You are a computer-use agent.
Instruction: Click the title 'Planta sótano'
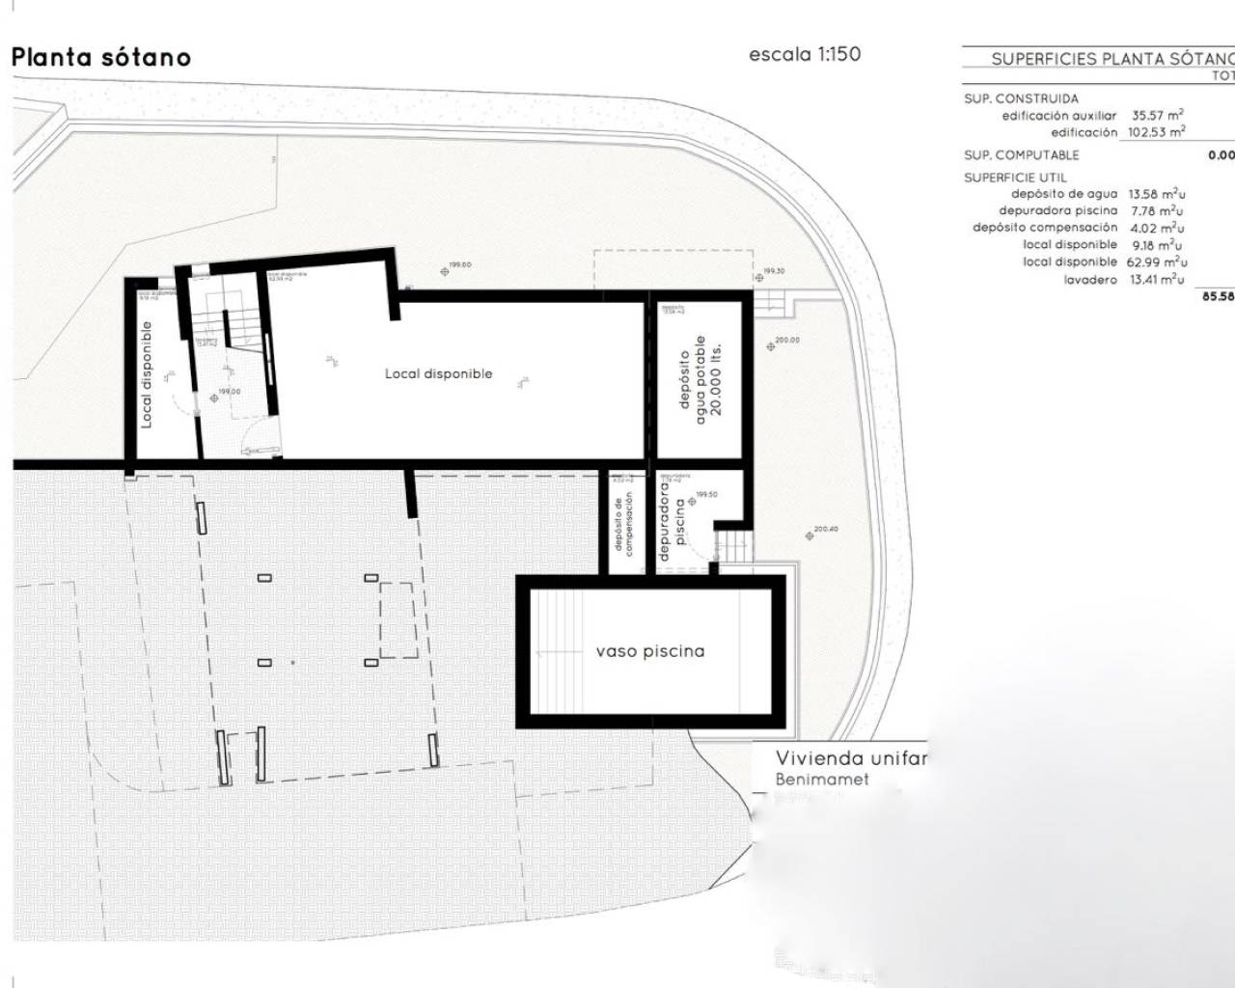click(x=101, y=57)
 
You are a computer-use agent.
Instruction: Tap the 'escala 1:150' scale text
click(x=805, y=55)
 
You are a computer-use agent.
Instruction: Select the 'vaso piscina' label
click(x=649, y=651)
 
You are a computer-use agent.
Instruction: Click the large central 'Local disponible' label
click(x=438, y=373)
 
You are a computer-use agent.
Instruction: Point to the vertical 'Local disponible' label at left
click(x=147, y=374)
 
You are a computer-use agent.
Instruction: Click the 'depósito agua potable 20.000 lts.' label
click(x=701, y=375)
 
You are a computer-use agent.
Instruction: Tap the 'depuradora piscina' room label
click(x=672, y=520)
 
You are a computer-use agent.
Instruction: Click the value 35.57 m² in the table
click(x=1158, y=115)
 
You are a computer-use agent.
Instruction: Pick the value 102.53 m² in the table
click(x=1156, y=132)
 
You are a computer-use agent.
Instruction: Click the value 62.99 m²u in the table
click(x=1156, y=261)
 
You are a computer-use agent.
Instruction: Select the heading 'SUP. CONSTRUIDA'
click(x=1021, y=98)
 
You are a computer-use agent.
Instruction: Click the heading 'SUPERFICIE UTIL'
click(x=1015, y=178)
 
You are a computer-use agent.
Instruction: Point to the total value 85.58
click(x=1218, y=296)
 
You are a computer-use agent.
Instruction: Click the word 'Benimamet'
click(x=822, y=779)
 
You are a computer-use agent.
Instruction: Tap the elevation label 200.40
click(x=826, y=529)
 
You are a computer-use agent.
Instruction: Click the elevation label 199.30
click(x=774, y=271)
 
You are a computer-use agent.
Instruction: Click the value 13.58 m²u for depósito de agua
click(x=1156, y=194)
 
